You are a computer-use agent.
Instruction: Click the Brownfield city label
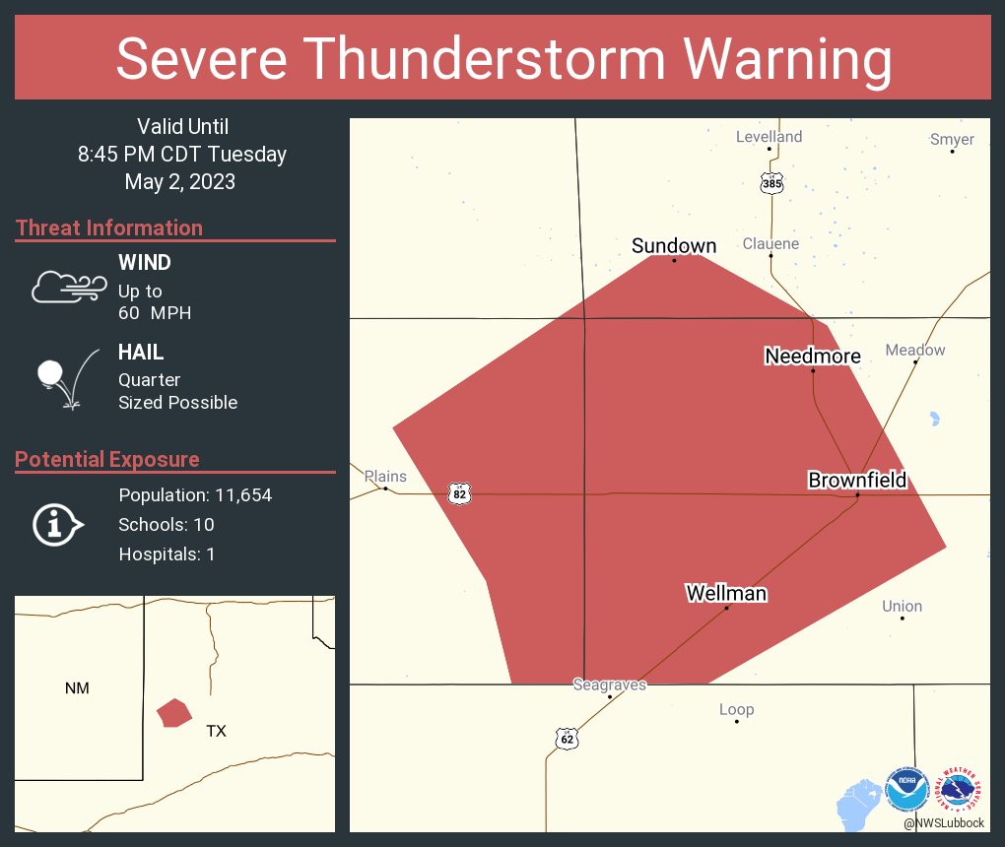857,481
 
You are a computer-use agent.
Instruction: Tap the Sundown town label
674,245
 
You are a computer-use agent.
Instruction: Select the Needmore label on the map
813,357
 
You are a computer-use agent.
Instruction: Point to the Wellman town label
726,593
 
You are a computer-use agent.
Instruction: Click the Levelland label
770,137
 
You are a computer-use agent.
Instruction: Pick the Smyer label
952,140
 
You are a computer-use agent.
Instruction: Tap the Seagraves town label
610,684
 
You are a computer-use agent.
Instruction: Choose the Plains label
385,477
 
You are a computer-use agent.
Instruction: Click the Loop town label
736,709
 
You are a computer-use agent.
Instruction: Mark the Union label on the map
903,606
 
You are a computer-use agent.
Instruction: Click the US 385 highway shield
771,183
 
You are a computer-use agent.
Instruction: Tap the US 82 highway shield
459,492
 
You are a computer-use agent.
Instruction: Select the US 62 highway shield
566,739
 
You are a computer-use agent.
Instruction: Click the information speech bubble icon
57,524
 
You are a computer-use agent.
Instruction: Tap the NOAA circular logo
906,790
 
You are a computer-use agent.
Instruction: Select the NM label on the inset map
77,688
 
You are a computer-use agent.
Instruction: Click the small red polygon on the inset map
173,712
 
